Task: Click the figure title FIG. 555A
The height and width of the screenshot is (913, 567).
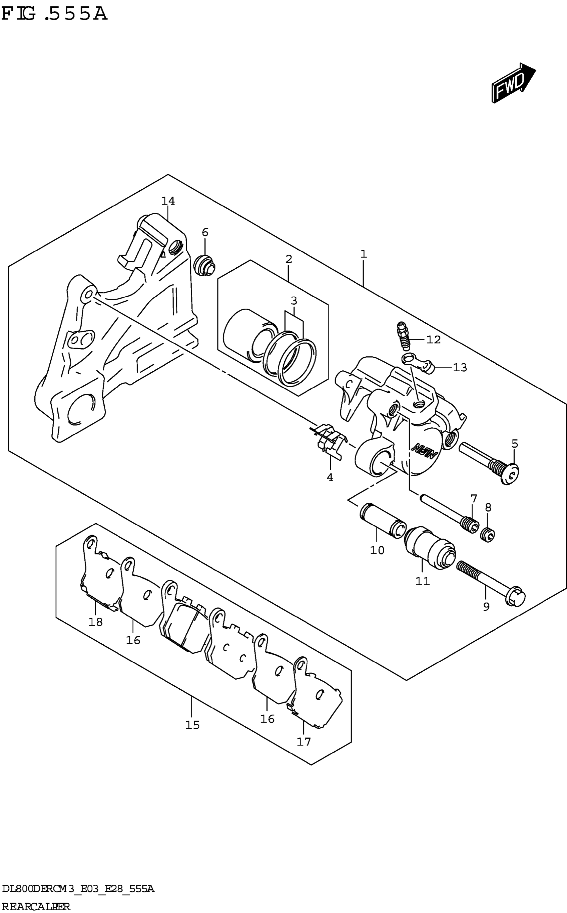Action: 54,14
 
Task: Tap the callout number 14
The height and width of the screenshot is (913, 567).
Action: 168,201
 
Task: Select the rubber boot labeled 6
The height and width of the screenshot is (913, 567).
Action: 205,265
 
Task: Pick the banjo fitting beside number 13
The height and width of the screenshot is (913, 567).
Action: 419,363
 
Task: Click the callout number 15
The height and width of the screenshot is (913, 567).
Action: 192,725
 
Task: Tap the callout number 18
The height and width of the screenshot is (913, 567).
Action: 95,622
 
